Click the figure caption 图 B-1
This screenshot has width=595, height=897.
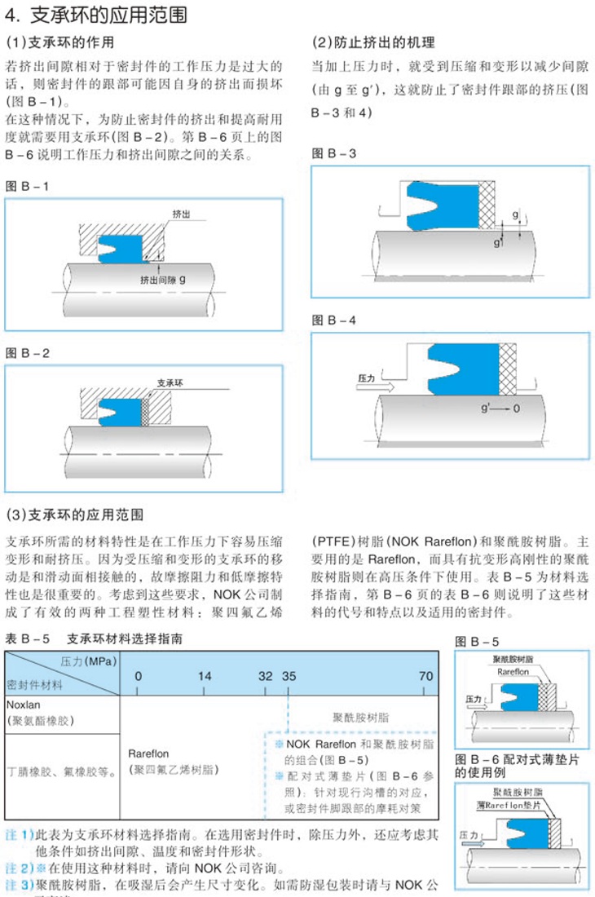[27, 186]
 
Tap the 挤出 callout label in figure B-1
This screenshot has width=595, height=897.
[181, 214]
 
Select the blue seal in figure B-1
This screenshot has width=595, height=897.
[118, 245]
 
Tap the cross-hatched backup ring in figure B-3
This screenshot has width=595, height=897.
[487, 204]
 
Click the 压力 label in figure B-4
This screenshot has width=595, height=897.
[366, 379]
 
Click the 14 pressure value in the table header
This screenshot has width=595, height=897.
[205, 676]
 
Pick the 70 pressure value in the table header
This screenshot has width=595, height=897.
[425, 676]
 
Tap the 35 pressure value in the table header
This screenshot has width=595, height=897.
[289, 676]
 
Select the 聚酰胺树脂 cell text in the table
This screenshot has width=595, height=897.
[361, 718]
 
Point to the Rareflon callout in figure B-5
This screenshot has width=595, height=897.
[513, 672]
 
